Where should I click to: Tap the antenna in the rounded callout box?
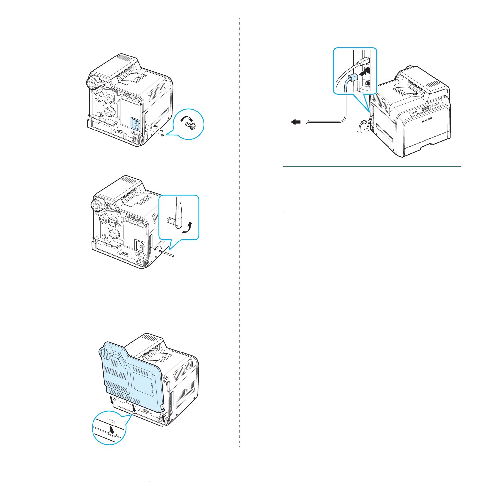[178, 213]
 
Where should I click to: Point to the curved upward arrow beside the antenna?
[188, 228]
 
